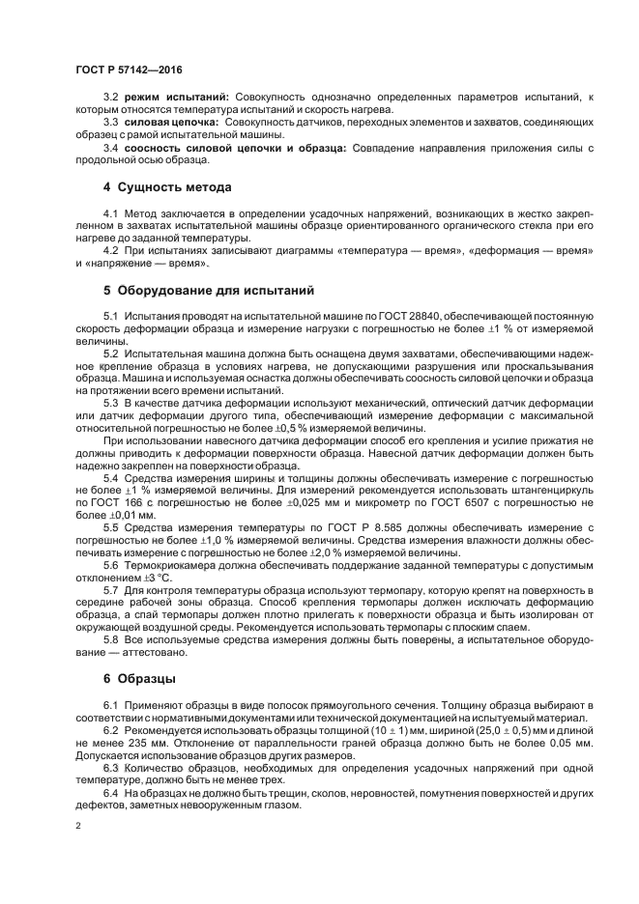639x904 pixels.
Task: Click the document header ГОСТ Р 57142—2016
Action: click(128, 70)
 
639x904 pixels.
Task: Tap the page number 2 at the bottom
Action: click(77, 829)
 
